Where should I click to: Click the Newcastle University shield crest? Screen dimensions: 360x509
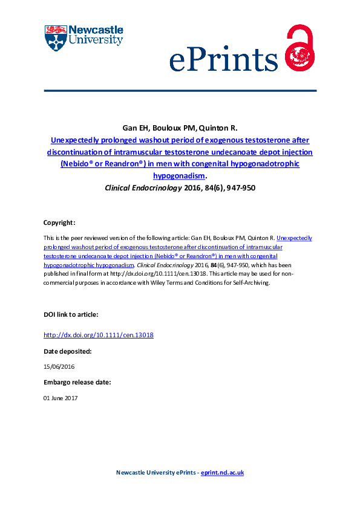(x=56, y=37)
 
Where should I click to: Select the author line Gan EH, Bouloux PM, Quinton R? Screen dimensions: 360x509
(x=180, y=129)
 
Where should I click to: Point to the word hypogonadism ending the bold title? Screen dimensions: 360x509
(x=178, y=176)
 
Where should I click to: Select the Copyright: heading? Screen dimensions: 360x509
(x=59, y=222)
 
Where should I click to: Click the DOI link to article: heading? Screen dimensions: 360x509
(x=70, y=315)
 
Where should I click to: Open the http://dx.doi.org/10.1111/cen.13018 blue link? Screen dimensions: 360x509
(x=99, y=334)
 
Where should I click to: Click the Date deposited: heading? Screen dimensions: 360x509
(x=67, y=351)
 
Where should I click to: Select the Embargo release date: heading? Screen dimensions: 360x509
(x=77, y=382)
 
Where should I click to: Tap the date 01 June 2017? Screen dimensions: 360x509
(x=61, y=398)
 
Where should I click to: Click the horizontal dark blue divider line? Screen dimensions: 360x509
(x=180, y=91)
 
